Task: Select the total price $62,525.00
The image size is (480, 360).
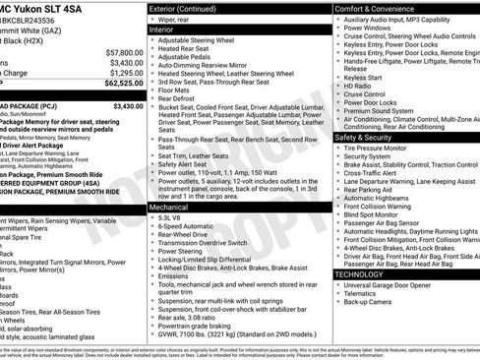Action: tap(120, 85)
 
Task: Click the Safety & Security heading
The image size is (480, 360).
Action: tap(365, 138)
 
